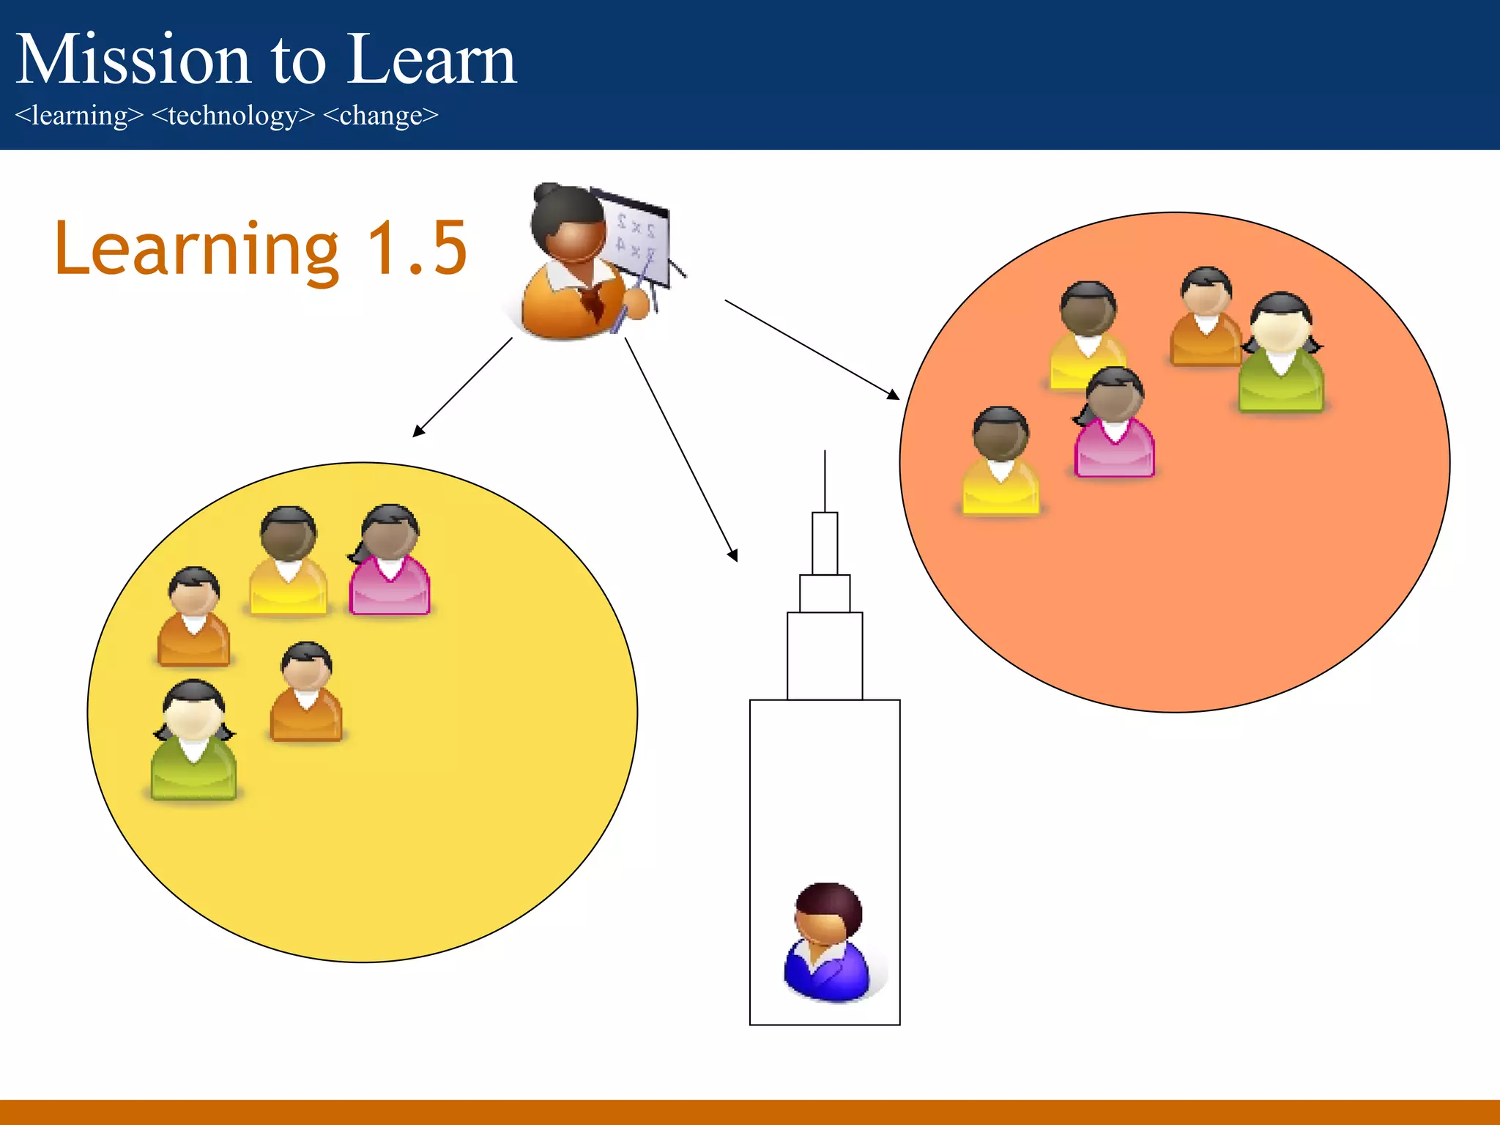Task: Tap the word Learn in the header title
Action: click(x=432, y=60)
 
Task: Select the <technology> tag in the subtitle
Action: click(x=233, y=116)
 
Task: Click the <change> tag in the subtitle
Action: click(x=380, y=116)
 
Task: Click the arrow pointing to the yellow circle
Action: click(x=461, y=387)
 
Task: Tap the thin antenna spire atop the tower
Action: click(x=825, y=480)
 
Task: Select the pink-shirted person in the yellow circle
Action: click(x=389, y=560)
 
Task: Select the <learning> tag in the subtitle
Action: click(x=79, y=116)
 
